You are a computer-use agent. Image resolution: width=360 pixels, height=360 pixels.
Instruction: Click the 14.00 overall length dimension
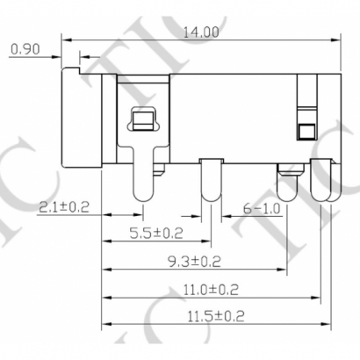tap(201, 31)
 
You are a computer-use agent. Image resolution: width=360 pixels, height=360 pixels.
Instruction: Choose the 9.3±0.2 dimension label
tap(192, 261)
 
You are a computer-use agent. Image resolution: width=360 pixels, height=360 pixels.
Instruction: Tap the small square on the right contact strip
tap(306, 133)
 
